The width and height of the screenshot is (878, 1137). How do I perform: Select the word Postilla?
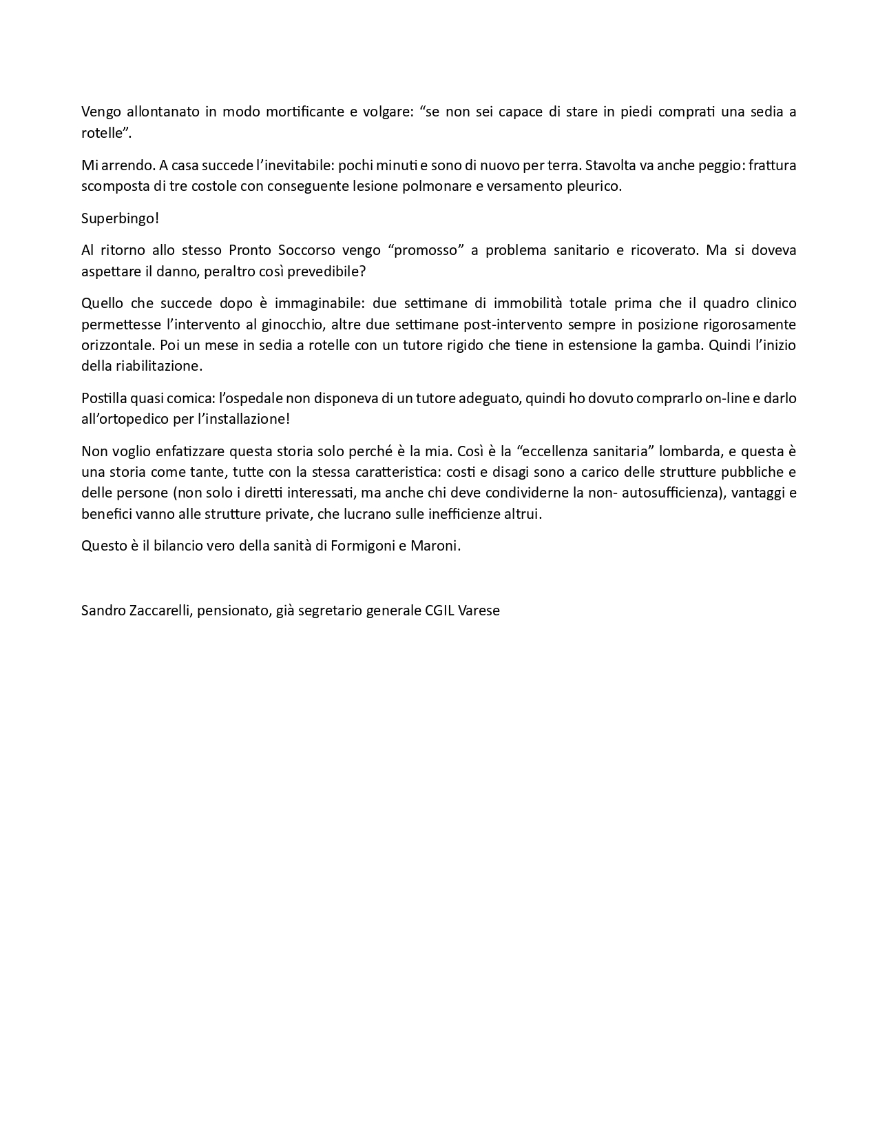click(x=103, y=398)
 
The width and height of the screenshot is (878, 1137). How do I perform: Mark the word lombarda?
click(x=688, y=451)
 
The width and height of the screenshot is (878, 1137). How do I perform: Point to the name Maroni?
click(x=435, y=546)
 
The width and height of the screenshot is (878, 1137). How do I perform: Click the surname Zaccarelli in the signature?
click(x=156, y=610)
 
